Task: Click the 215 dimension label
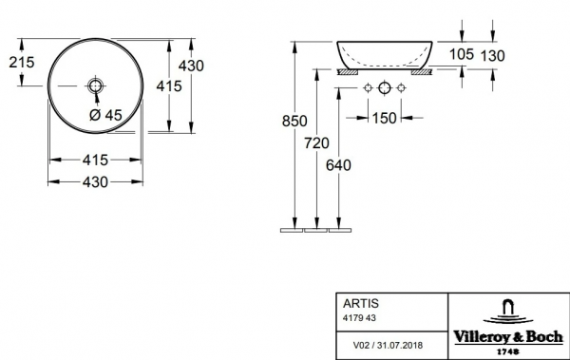click(x=22, y=62)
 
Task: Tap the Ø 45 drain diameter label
click(x=105, y=115)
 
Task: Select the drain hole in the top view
click(x=95, y=85)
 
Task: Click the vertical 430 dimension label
click(x=191, y=66)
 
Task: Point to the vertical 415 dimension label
click(x=169, y=86)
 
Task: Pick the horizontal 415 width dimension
click(x=95, y=160)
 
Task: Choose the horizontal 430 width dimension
click(x=95, y=181)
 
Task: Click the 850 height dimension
click(x=294, y=121)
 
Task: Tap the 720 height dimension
click(x=316, y=143)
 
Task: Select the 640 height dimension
click(x=338, y=165)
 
